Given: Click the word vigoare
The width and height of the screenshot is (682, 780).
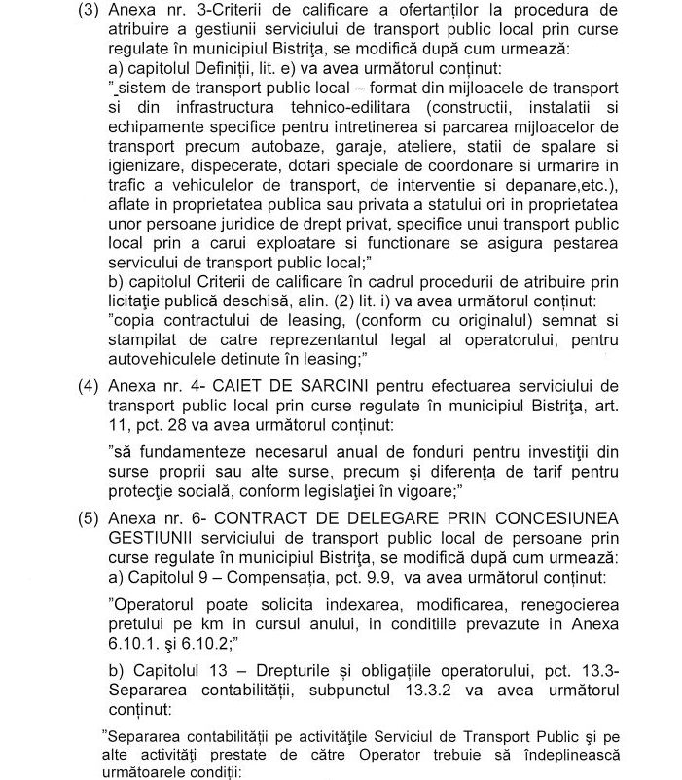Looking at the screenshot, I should tap(424, 489).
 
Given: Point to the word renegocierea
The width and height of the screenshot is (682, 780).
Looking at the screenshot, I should tap(571, 604).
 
